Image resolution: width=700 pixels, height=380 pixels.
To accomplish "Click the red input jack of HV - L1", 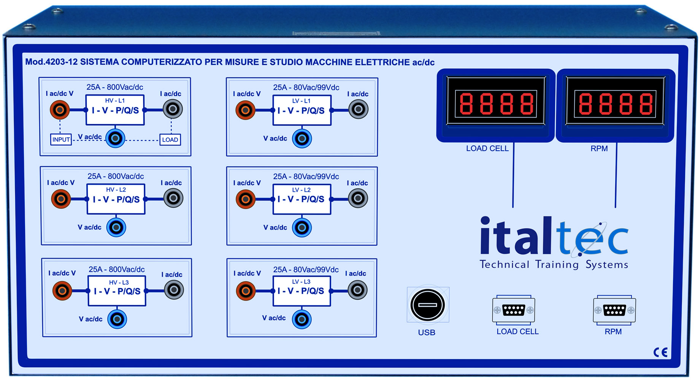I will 60,110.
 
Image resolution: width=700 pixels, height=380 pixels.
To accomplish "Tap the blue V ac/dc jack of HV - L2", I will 116,227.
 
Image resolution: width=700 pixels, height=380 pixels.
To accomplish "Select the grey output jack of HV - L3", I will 174,290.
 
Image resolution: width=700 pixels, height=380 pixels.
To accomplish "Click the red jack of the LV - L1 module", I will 245,110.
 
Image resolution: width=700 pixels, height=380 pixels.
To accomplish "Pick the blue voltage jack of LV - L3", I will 302,319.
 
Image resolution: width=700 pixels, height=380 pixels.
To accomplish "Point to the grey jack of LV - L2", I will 358,198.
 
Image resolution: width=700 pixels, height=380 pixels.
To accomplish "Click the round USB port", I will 428,305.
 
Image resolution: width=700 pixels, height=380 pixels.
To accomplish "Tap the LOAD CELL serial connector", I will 514,310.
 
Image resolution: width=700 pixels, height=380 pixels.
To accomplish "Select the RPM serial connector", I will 614,310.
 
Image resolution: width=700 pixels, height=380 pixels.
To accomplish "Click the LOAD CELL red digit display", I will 496,104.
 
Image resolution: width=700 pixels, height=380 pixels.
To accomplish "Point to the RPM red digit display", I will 615,104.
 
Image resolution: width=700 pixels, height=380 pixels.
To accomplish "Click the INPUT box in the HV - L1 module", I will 61,140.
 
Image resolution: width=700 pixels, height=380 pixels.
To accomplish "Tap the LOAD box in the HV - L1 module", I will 170,140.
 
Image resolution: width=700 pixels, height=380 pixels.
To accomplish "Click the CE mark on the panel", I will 660,352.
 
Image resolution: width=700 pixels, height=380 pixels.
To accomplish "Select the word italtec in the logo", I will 554,236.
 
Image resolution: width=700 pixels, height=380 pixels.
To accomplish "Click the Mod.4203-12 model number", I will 51,62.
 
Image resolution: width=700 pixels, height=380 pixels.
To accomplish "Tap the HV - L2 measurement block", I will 116,199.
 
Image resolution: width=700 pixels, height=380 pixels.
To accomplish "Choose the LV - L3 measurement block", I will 302,291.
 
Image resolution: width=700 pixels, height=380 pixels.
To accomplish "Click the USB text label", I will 427,333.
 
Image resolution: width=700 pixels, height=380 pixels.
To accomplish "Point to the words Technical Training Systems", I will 554,264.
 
